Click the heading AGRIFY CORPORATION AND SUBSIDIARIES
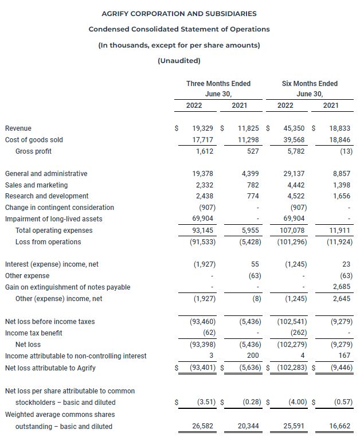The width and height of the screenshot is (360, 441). [179, 13]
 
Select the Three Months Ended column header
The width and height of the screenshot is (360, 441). [218, 84]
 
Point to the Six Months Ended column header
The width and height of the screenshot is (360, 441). [310, 84]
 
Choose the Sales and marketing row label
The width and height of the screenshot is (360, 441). [36, 185]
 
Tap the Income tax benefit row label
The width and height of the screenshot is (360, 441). [34, 333]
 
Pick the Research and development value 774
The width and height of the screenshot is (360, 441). [252, 197]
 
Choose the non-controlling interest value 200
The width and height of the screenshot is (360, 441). [253, 356]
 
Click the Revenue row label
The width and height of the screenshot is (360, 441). [18, 128]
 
